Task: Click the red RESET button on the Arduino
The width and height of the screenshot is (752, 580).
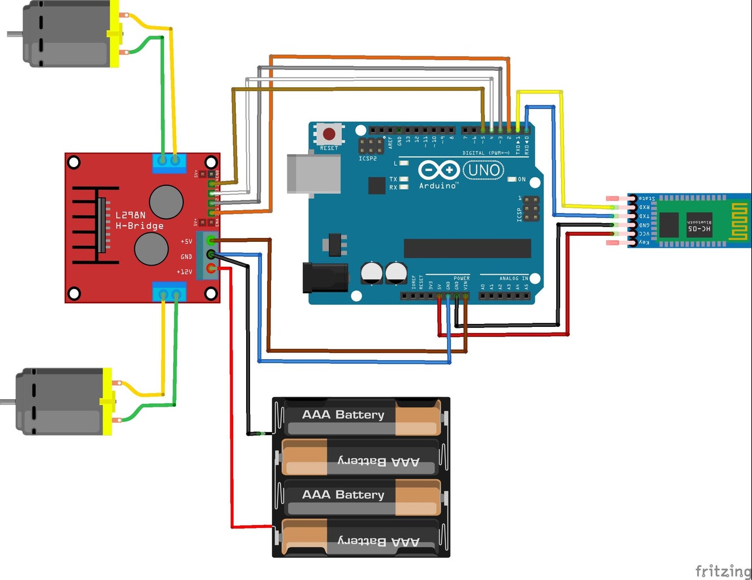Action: (x=329, y=134)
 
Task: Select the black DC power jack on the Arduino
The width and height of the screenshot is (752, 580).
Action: (x=324, y=277)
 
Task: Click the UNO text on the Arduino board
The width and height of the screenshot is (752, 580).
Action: (x=484, y=170)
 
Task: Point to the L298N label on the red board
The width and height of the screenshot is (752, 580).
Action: (x=131, y=215)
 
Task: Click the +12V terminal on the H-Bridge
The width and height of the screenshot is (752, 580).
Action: (x=211, y=268)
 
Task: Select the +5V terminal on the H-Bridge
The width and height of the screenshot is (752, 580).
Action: (x=211, y=240)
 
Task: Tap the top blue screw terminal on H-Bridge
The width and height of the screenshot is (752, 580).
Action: (x=169, y=163)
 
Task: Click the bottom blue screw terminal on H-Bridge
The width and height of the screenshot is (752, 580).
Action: (x=169, y=292)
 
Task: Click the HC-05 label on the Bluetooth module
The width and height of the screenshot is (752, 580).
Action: (x=699, y=228)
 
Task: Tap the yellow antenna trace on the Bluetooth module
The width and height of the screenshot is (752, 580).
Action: (x=738, y=220)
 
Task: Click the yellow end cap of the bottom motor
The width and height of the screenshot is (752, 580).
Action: (x=107, y=402)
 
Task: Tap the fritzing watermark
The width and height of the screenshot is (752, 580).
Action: (x=723, y=570)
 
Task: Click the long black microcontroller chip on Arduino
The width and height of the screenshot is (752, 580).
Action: (x=467, y=248)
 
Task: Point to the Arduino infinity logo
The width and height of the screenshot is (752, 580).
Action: (x=438, y=170)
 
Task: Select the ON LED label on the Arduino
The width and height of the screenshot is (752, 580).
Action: (x=521, y=180)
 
